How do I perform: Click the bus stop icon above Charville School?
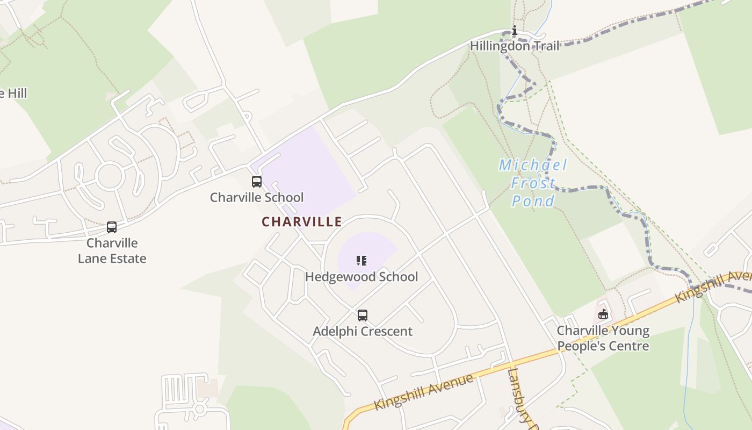tap(257, 182)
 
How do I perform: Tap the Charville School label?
tap(257, 197)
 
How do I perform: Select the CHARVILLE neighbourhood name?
tap(302, 221)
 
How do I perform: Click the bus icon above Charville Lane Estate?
tap(112, 227)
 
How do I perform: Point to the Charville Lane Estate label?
tap(112, 250)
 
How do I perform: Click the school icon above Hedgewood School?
tap(361, 261)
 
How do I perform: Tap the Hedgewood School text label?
tap(361, 277)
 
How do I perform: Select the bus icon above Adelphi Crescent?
tap(363, 316)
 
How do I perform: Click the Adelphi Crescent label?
tap(363, 331)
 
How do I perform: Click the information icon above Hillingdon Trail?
tap(514, 31)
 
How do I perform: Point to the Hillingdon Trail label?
tap(515, 46)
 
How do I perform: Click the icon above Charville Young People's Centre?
tap(603, 314)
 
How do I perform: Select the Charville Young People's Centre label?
tap(603, 338)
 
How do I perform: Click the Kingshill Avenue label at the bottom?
tap(424, 391)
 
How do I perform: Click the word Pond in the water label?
tap(533, 202)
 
